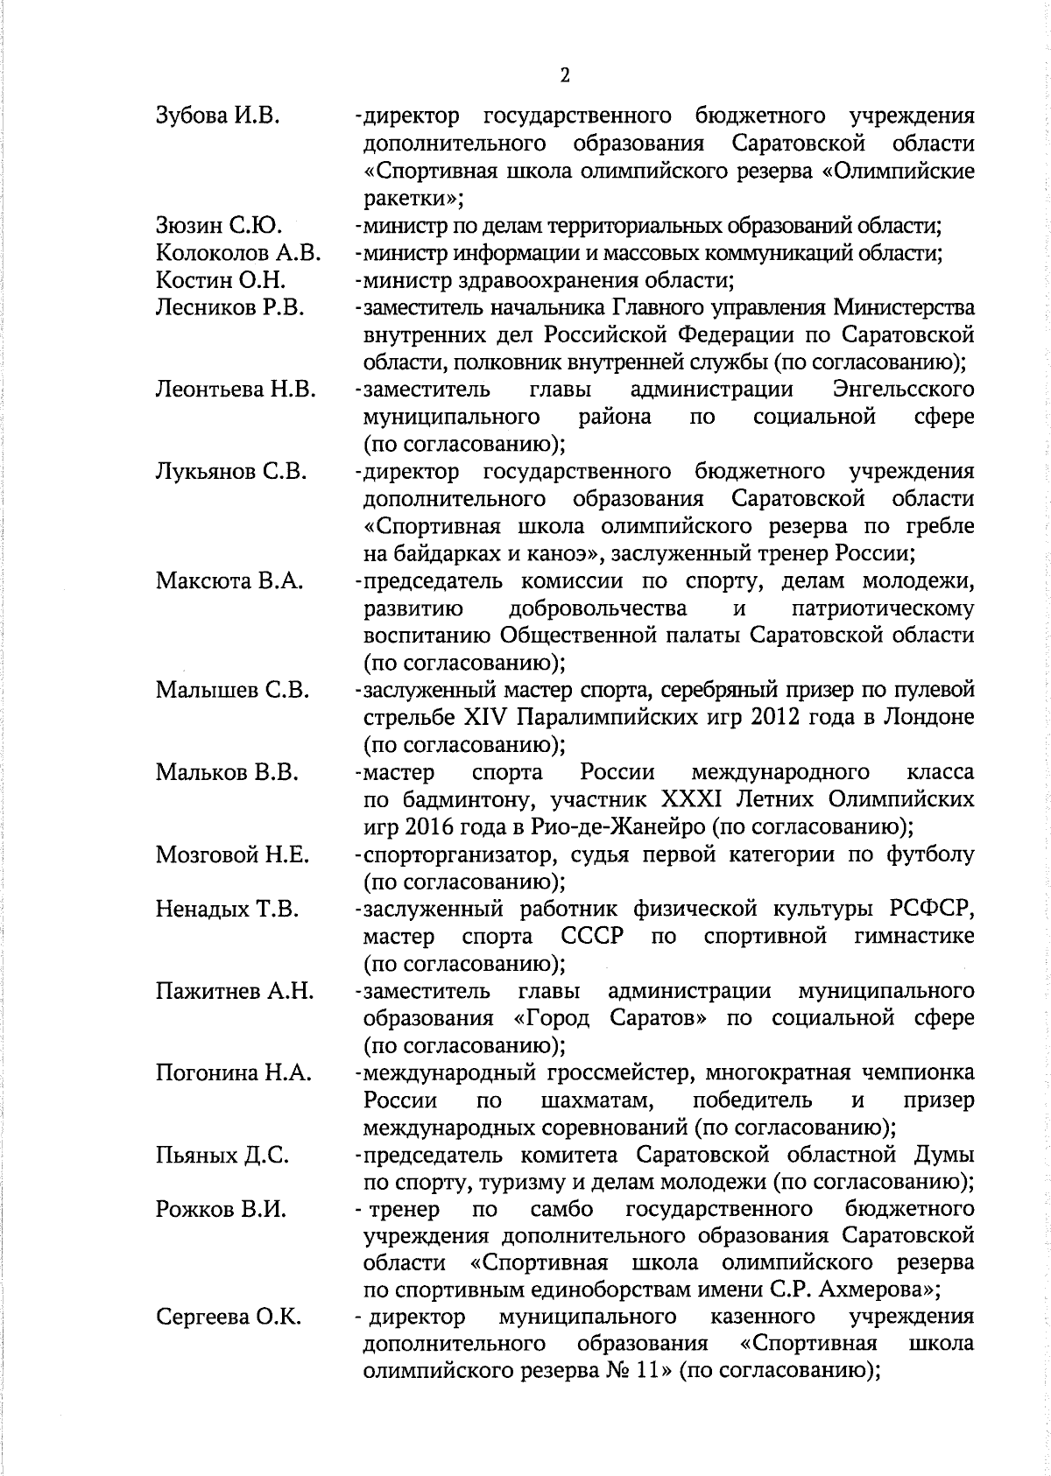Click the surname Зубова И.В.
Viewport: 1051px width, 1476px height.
(217, 116)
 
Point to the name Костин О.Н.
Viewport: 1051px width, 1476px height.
(221, 281)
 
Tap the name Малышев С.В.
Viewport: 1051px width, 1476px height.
(232, 690)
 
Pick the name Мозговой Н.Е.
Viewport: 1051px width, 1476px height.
(232, 854)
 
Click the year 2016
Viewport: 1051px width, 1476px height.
(419, 826)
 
